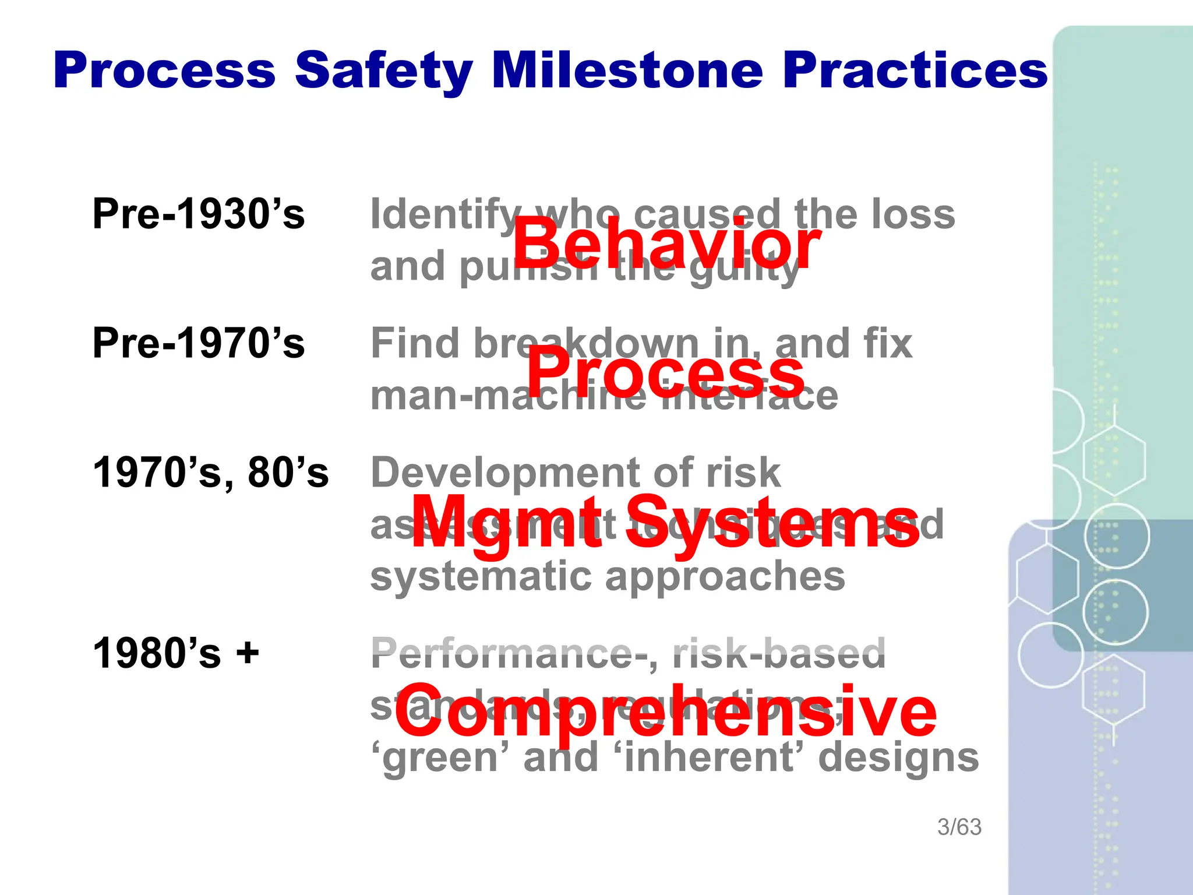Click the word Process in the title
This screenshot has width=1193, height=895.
[164, 71]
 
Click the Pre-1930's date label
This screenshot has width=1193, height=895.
[199, 214]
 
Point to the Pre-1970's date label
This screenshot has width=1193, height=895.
[199, 343]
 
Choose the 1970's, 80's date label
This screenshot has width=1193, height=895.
[211, 473]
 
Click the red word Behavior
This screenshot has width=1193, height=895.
[666, 245]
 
